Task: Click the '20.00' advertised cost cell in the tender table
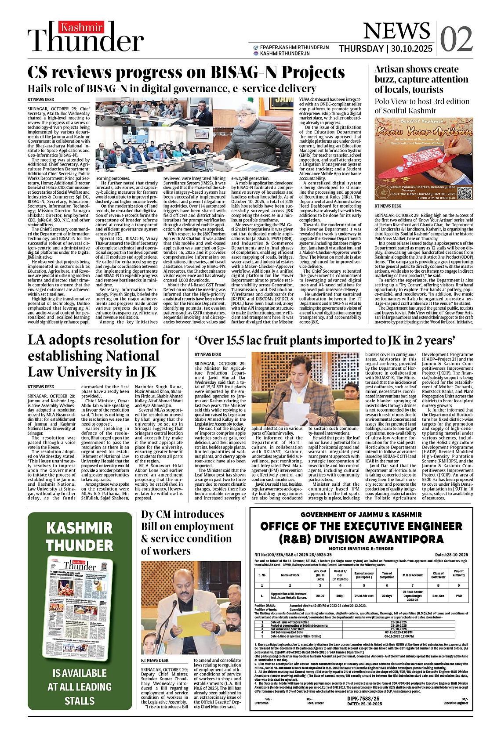[x=320, y=596]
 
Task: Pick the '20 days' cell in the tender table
[x=387, y=596]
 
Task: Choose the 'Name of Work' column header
[x=290, y=575]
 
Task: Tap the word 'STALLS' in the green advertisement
[x=80, y=701]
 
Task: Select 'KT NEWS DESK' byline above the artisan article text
[x=388, y=206]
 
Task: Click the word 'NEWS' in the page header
[x=397, y=31]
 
